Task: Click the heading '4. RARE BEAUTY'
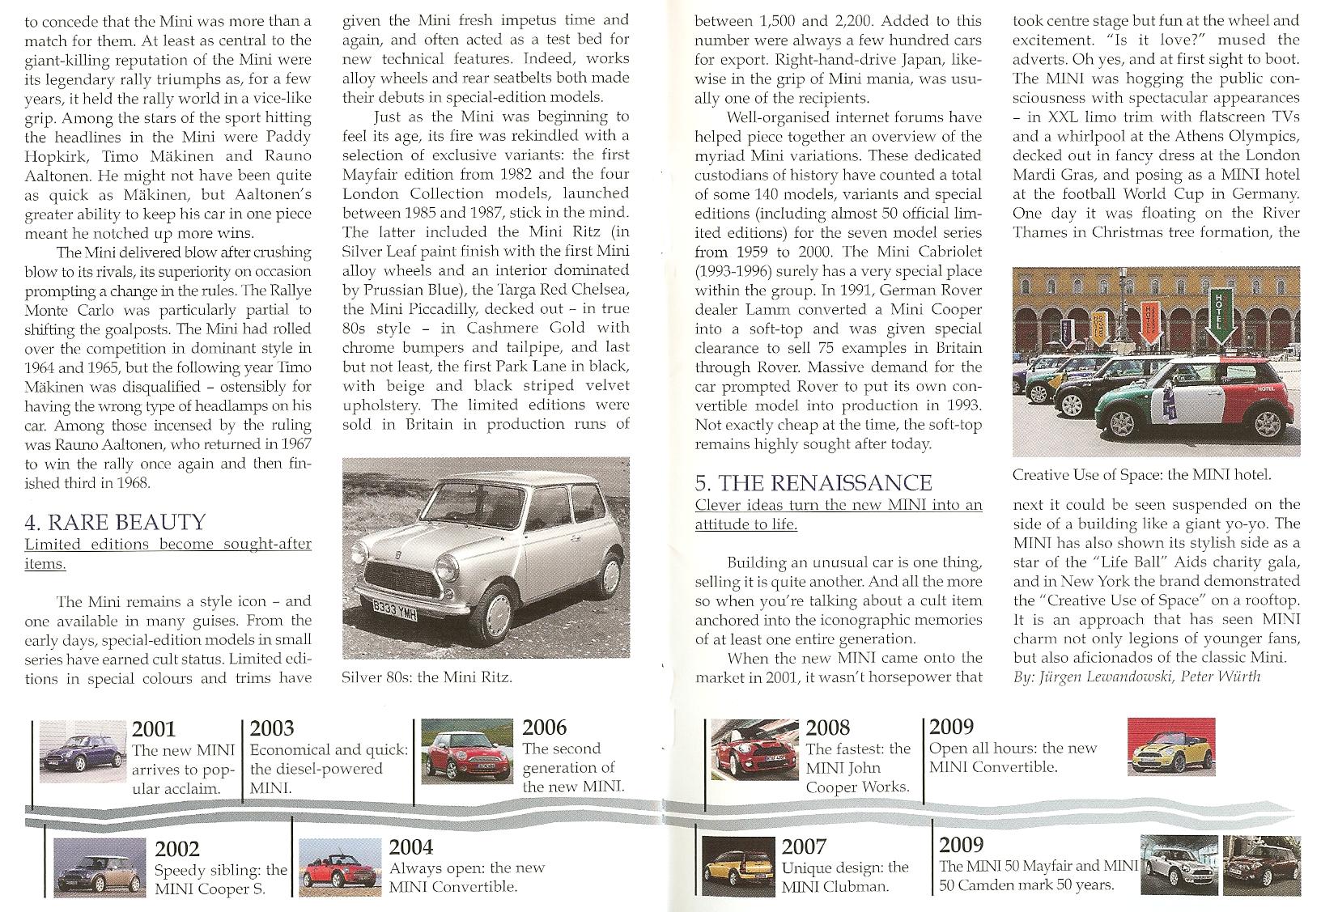point(116,522)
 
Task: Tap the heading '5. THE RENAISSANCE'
point(813,483)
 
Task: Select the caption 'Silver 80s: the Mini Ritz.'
point(427,677)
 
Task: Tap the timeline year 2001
point(154,730)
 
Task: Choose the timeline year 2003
point(272,728)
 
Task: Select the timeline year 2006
point(545,727)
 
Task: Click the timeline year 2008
point(828,727)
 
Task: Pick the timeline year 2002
point(177,849)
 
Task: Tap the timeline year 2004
point(411,847)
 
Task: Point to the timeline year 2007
point(804,847)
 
